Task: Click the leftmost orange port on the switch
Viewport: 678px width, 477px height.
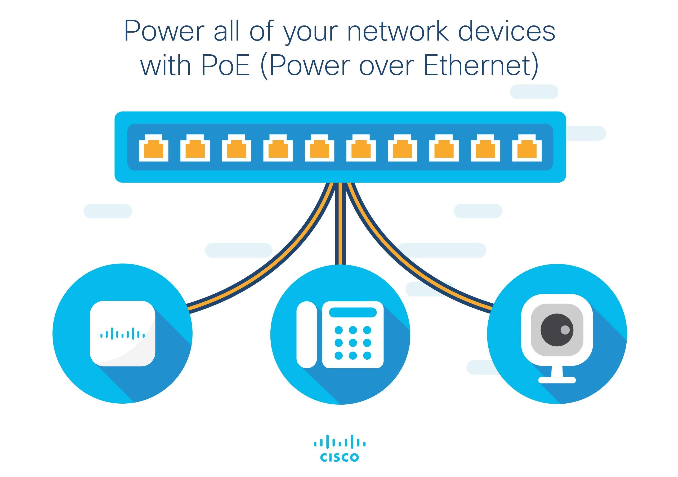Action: [x=154, y=149]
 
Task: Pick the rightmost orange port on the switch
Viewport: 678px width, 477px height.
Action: [x=527, y=149]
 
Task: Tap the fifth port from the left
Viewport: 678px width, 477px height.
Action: [x=319, y=149]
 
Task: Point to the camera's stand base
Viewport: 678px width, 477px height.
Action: [x=557, y=380]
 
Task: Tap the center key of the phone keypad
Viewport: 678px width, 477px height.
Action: [x=353, y=343]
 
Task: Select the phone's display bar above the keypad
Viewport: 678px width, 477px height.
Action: [x=353, y=312]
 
